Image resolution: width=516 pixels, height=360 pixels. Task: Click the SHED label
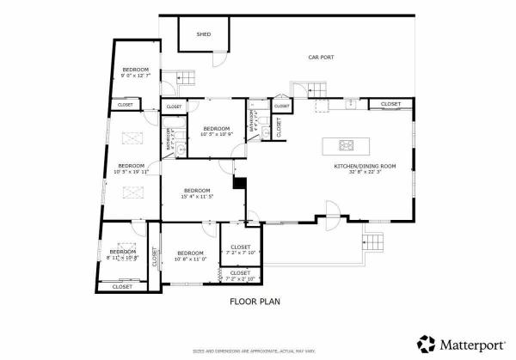[x=204, y=35]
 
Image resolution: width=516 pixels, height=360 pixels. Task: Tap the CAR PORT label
[x=321, y=58]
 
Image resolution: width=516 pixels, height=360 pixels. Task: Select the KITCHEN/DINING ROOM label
[x=365, y=166]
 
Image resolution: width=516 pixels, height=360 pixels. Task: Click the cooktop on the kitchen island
[x=347, y=144]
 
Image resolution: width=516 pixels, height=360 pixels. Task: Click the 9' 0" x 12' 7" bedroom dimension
[x=136, y=76]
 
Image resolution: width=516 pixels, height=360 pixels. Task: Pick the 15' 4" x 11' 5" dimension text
[x=197, y=197]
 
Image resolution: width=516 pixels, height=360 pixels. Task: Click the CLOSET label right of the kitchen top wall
[x=390, y=104]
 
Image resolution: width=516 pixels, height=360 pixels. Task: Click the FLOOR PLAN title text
[x=255, y=302]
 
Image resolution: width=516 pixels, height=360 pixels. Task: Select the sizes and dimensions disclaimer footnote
[x=255, y=351]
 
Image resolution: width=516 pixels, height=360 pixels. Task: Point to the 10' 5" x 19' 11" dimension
[x=131, y=172]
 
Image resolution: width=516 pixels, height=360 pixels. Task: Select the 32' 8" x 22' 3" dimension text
[x=365, y=173]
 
